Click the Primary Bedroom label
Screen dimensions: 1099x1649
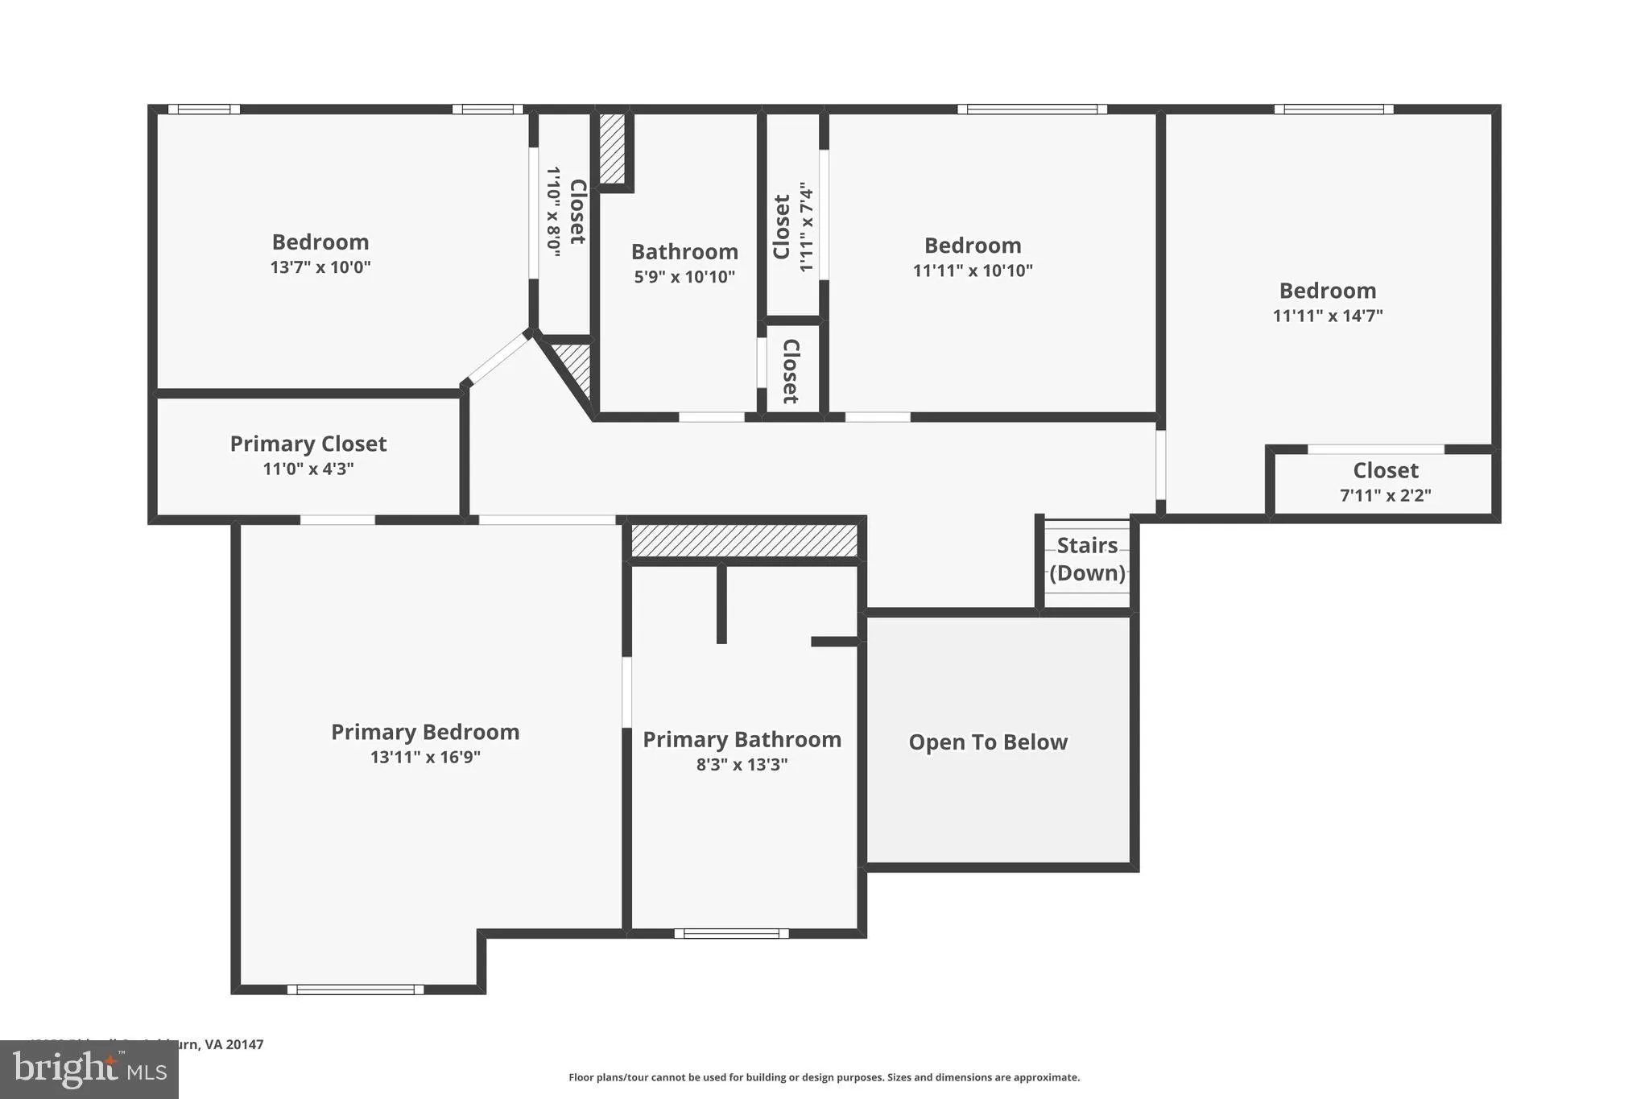click(x=425, y=732)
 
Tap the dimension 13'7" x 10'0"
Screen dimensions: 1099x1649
click(x=320, y=267)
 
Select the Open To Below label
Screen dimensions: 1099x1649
click(x=988, y=742)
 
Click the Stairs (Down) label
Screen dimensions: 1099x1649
click(x=1087, y=560)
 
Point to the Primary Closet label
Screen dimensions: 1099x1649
click(x=308, y=444)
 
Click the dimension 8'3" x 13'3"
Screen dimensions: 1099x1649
click(x=742, y=765)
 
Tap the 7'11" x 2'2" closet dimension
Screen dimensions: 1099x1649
click(x=1385, y=496)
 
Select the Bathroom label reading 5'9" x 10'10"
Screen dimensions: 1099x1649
click(x=684, y=252)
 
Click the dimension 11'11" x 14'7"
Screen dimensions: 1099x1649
click(x=1328, y=316)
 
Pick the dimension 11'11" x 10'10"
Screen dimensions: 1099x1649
click(x=973, y=271)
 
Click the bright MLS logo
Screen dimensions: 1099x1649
click(x=89, y=1070)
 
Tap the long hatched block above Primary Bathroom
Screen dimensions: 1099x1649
click(x=744, y=540)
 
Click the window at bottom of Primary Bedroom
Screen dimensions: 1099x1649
click(x=355, y=990)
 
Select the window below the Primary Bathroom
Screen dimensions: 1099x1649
click(x=731, y=934)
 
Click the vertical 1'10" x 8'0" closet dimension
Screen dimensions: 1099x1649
click(x=554, y=212)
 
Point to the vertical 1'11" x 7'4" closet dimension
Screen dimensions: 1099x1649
click(x=806, y=227)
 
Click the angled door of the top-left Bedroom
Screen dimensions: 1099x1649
click(x=497, y=360)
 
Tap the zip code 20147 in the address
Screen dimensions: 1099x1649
click(x=244, y=1044)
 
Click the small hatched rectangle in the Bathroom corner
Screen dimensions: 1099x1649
click(x=612, y=148)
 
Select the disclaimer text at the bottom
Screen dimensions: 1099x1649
click(x=824, y=1077)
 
